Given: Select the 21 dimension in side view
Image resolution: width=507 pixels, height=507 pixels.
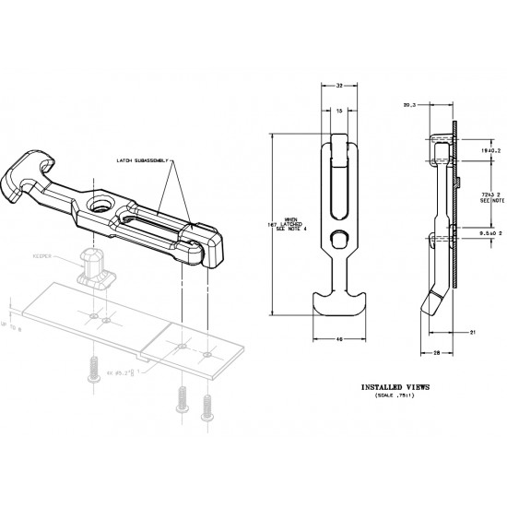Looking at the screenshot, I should [x=472, y=330].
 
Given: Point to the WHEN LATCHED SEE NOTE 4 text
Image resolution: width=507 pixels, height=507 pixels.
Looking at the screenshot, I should [x=277, y=220].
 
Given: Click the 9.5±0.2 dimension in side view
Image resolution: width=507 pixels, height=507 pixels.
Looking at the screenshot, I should [x=489, y=234].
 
